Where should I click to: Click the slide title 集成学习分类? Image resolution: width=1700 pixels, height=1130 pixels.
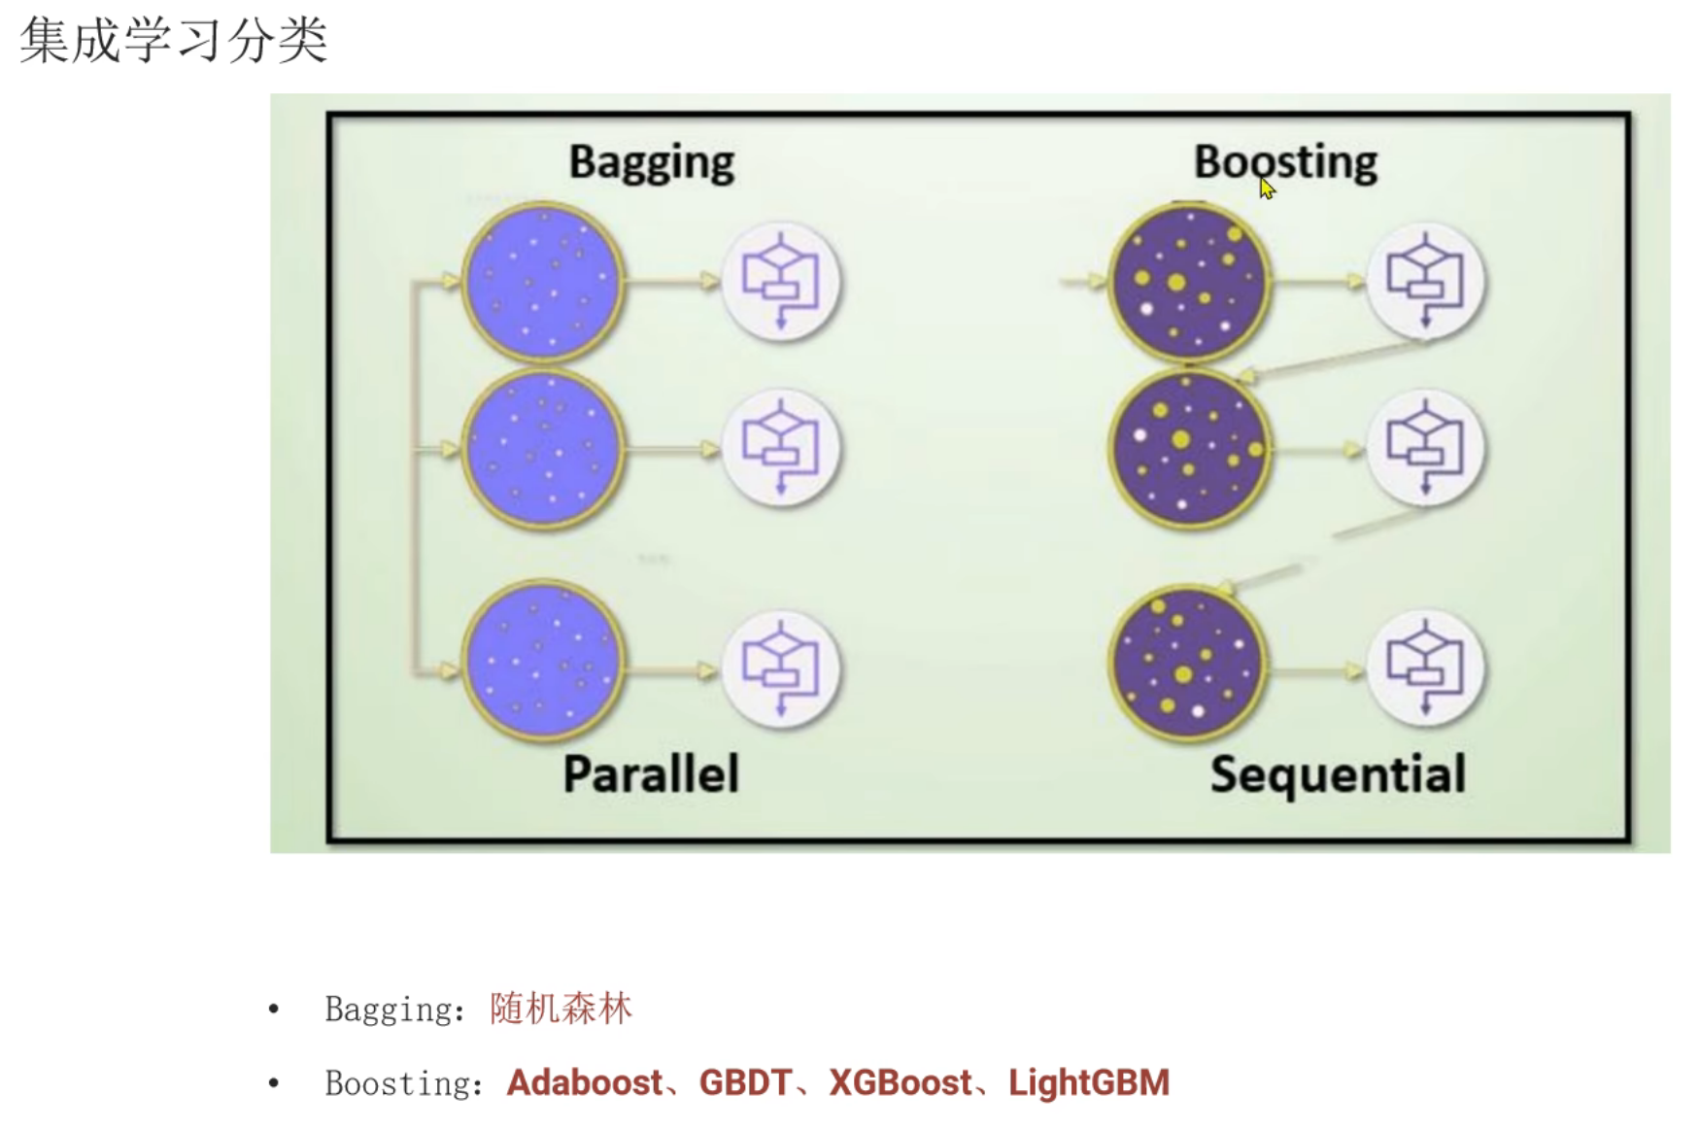coord(173,41)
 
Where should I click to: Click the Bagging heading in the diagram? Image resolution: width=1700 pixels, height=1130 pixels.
coord(651,162)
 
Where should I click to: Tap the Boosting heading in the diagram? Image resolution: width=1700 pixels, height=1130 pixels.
coord(1284,162)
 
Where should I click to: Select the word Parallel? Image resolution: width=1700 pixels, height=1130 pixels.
coord(651,774)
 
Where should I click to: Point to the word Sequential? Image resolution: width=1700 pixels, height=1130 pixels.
coord(1338,774)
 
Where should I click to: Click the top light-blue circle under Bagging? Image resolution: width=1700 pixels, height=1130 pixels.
coord(542,282)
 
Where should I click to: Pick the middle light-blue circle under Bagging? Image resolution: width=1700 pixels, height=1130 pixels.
coord(542,449)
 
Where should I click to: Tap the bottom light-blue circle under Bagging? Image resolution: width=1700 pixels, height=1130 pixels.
coord(542,661)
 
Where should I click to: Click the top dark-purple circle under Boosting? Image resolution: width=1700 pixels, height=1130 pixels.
coord(1189,283)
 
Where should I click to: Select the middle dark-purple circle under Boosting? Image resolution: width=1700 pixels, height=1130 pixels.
coord(1189,449)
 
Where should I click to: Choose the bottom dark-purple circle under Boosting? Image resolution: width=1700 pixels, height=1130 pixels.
coord(1187,664)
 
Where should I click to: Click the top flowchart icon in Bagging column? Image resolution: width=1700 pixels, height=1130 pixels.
coord(781,282)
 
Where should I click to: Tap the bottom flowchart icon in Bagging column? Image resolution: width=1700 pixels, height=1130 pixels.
coord(781,669)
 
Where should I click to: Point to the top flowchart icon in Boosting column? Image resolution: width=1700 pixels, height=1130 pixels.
coord(1425,282)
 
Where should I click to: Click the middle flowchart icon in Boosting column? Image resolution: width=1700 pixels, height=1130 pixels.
coord(1425,449)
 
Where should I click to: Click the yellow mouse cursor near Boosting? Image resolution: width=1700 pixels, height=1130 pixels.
coord(1267,188)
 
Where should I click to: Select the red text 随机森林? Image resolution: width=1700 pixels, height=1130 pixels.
coord(561,1009)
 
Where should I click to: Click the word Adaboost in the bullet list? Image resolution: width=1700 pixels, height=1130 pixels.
coord(584,1082)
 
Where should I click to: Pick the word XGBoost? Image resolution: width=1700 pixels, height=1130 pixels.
coord(900,1082)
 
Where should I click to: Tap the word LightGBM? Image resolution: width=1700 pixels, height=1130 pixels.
coord(1088,1082)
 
